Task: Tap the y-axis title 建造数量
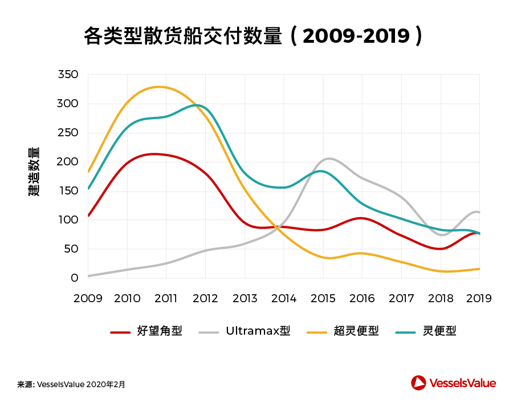pos(34,172)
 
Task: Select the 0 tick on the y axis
pos(75,278)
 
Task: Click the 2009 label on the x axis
pos(88,298)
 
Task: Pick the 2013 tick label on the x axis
pos(245,298)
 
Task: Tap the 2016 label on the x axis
pos(362,298)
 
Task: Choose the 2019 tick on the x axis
pos(479,298)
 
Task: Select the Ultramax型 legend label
pos(258,331)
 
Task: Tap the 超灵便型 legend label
pos(356,331)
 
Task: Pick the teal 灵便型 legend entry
pos(439,331)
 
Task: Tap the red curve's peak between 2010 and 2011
pos(153,154)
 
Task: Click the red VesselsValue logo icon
pos(419,383)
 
